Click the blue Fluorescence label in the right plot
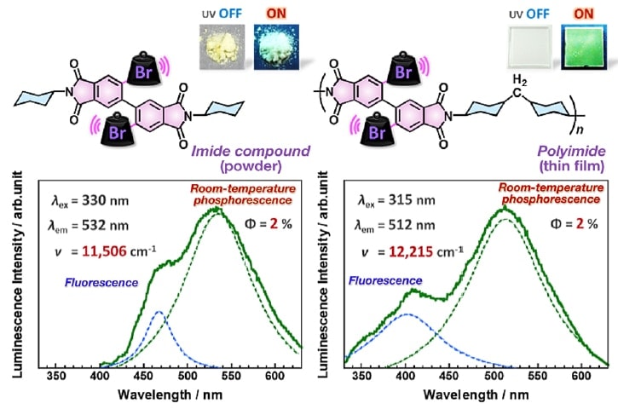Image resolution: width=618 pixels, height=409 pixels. pos(389,279)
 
